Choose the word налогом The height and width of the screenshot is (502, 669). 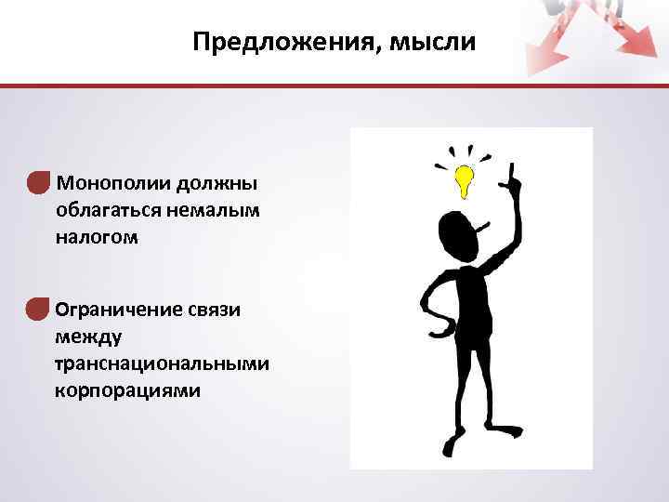[97, 237]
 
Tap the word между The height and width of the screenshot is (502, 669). [85, 336]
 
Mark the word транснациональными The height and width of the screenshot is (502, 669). [162, 363]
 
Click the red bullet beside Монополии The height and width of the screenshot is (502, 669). [37, 182]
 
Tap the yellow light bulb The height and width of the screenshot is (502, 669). [464, 180]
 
